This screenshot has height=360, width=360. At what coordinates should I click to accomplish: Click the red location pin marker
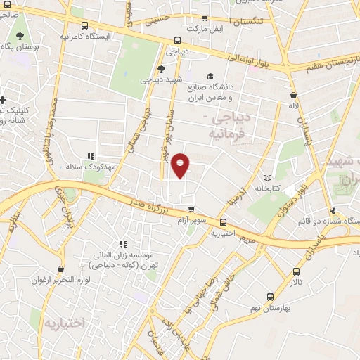click(x=181, y=165)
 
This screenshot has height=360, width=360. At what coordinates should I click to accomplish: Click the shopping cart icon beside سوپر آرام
click(x=191, y=210)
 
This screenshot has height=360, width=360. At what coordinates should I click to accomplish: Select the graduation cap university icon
click(x=210, y=76)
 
